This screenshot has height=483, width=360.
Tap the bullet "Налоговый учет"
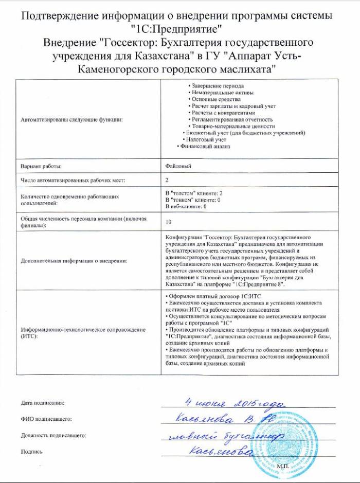pos(206,140)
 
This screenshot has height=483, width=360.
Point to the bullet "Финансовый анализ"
pos(203,147)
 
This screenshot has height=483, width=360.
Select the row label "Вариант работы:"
pos(41,167)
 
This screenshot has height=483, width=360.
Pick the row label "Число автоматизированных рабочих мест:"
pos(73,180)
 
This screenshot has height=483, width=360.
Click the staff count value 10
pos(169,222)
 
